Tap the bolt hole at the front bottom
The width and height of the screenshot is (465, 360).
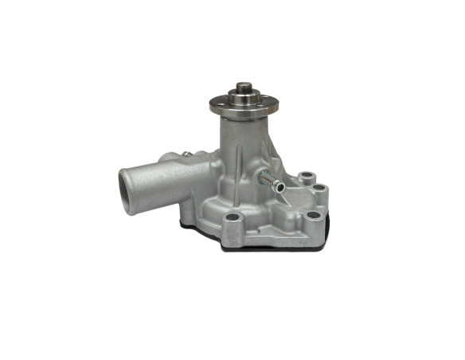[x=232, y=219]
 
